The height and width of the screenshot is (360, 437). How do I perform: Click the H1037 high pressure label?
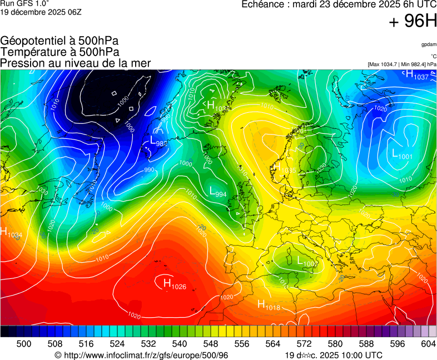[x=417, y=76]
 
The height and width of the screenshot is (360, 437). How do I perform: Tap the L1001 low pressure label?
[x=402, y=155]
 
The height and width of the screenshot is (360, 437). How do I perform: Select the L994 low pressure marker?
[x=217, y=192]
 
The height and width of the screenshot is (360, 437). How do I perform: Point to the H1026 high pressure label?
[x=175, y=285]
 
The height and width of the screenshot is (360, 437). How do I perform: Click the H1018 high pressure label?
[x=269, y=305]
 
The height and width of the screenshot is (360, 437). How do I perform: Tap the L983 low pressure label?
[x=159, y=142]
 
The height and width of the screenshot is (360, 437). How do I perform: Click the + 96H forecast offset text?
[x=412, y=21]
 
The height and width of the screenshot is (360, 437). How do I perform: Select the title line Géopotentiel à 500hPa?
[x=59, y=41]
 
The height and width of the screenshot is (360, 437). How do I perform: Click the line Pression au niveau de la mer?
[x=76, y=63]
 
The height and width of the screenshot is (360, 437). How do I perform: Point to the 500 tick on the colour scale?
[x=23, y=344]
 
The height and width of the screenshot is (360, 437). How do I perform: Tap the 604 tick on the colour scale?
[x=428, y=344]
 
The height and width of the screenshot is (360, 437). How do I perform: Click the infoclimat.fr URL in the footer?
[x=142, y=355]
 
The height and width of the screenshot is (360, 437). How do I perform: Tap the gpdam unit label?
[x=429, y=44]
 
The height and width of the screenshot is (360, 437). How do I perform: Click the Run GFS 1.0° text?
[x=25, y=4]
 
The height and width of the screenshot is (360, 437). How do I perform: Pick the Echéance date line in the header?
[x=339, y=4]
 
